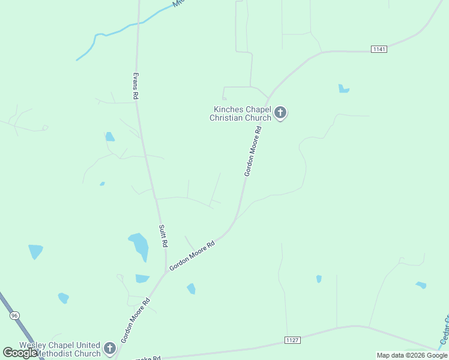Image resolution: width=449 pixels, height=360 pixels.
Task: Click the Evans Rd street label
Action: [136, 86]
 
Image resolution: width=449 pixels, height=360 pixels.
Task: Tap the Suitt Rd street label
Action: [162, 236]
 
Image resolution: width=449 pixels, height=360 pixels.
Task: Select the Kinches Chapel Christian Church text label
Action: [240, 113]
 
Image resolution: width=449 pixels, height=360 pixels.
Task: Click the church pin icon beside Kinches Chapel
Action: [280, 112]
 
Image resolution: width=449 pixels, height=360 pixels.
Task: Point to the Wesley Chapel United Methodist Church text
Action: [60, 349]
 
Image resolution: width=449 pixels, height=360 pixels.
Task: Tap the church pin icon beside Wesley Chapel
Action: [109, 347]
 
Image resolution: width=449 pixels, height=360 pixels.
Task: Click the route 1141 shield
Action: [379, 49]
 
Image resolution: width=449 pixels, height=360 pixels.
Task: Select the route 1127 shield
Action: [292, 340]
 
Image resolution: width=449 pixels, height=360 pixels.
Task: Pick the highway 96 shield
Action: [15, 315]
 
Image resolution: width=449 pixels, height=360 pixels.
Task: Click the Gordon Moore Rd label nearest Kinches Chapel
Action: [253, 151]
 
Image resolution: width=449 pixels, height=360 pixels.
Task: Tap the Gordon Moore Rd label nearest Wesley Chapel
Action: [135, 319]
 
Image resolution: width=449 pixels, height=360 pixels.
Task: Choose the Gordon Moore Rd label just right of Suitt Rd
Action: [192, 256]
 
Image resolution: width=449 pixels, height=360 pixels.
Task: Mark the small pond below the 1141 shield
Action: [343, 89]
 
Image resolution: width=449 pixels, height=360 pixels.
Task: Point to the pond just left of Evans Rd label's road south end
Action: [109, 137]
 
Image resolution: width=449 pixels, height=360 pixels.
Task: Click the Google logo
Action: [20, 353]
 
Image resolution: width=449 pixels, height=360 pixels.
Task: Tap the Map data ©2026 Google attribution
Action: [412, 355]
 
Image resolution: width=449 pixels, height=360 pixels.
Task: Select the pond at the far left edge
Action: [35, 250]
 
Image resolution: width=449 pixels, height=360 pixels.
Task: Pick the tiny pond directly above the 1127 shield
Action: [319, 278]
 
